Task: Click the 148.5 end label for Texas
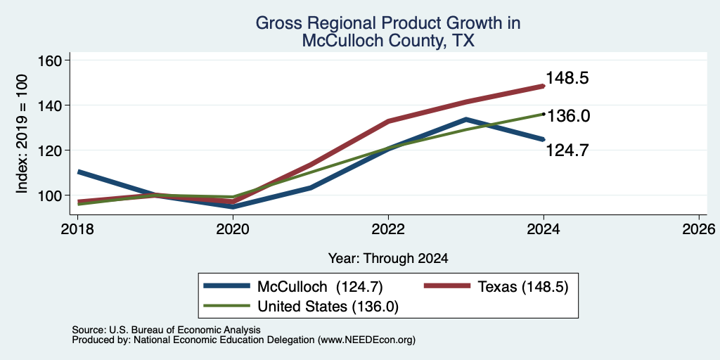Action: (567, 78)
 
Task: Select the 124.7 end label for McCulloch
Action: (567, 150)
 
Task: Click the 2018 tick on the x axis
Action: (77, 229)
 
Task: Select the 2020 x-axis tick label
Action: (233, 229)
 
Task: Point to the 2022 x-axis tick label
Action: (388, 229)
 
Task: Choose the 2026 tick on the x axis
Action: (700, 229)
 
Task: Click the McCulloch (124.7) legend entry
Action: (293, 287)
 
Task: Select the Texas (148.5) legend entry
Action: (496, 287)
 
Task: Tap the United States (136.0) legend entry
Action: (301, 307)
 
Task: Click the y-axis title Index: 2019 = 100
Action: (22, 134)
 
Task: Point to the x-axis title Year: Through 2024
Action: (388, 259)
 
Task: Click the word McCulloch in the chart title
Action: (349, 41)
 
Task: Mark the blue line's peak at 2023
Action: (465, 120)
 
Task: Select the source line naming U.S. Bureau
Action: (166, 330)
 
